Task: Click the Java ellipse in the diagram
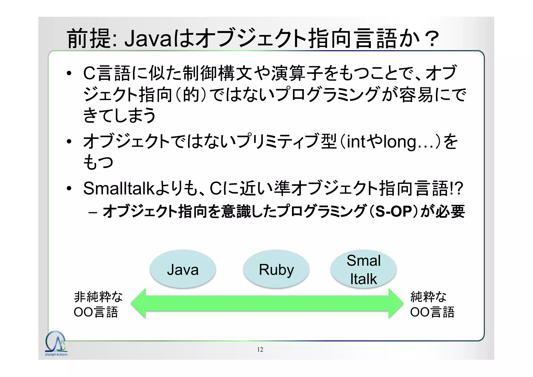(x=183, y=269)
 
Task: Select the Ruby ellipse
(x=276, y=269)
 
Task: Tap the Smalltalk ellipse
(x=363, y=269)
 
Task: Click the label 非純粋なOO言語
(x=98, y=304)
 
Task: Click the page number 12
(x=260, y=349)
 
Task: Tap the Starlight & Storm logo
(x=56, y=344)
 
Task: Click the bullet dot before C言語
(x=69, y=73)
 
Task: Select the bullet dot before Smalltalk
(x=69, y=188)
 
